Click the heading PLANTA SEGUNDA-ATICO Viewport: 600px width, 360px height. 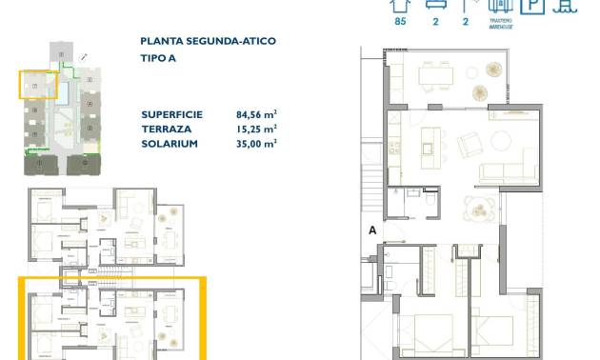coord(196,42)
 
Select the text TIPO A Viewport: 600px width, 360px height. coord(158,59)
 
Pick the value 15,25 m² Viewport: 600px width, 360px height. coord(256,129)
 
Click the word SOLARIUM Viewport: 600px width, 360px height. coord(169,144)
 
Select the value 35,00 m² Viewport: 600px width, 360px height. coord(256,144)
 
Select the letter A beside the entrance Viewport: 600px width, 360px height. coord(371,230)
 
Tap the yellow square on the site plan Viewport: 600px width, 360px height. coord(38,84)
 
